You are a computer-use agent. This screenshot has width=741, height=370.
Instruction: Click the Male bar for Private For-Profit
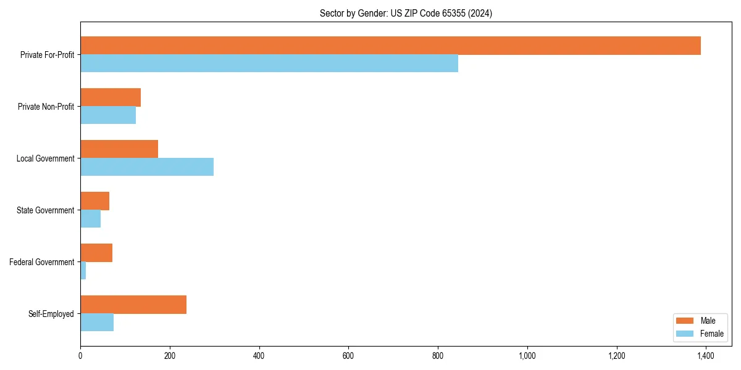[390, 46]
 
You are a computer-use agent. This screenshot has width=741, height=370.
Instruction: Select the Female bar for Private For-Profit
[269, 64]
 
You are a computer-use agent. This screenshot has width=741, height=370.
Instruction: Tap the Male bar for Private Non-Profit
[111, 97]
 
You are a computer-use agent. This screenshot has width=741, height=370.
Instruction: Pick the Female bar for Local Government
[147, 167]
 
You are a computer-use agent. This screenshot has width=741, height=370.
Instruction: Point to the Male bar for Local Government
[119, 149]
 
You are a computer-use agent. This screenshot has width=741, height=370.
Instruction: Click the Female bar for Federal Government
[83, 271]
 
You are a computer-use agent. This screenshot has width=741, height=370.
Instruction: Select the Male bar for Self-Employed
[133, 305]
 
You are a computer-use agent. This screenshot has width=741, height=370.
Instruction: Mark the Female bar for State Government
[91, 219]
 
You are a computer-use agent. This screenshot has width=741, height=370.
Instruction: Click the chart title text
[406, 13]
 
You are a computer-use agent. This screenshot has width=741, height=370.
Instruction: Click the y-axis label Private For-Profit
[47, 55]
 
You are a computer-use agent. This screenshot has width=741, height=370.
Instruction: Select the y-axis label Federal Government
[42, 262]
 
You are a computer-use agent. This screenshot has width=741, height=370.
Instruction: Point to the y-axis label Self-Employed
[51, 314]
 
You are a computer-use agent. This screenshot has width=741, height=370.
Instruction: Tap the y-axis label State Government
[46, 210]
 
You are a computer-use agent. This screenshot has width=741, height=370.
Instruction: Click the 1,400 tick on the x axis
[706, 356]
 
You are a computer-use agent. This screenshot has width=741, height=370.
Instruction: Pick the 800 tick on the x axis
[438, 356]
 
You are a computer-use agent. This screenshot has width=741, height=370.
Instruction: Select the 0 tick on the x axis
[80, 356]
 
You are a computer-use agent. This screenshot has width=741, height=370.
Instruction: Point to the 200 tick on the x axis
[170, 356]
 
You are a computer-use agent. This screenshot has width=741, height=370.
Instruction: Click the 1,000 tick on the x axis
[527, 356]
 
